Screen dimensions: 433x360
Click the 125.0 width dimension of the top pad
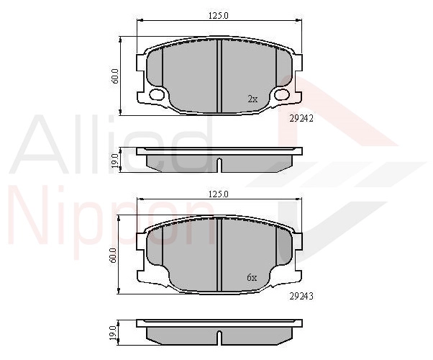pos(219,16)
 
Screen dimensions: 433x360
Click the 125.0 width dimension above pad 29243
pos(219,194)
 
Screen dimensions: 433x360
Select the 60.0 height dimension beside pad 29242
pos(115,76)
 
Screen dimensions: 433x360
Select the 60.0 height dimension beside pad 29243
pos(114,255)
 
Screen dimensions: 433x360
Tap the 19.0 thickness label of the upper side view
pos(115,161)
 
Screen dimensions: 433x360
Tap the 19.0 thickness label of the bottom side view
pos(114,333)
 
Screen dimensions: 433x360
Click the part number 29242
pos(301,119)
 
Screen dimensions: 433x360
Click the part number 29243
pos(301,297)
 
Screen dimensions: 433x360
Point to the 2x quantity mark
pos(252,99)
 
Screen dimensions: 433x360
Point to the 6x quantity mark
pos(252,278)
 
